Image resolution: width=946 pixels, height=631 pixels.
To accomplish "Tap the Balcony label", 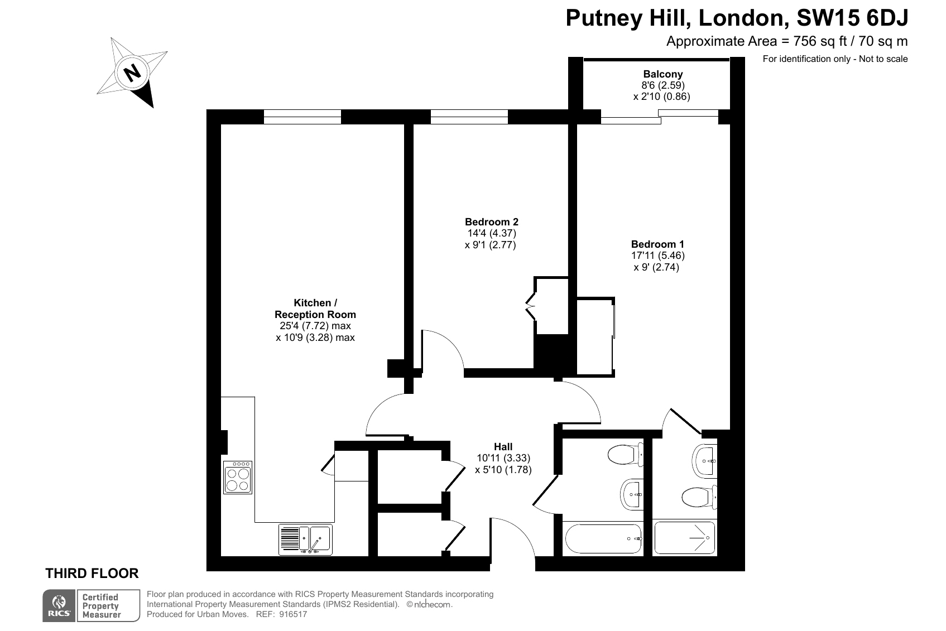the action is pyautogui.click(x=662, y=74).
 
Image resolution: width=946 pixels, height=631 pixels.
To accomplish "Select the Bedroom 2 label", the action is pyautogui.click(x=492, y=221).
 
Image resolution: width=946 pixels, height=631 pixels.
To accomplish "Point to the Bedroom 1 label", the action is pyautogui.click(x=657, y=244).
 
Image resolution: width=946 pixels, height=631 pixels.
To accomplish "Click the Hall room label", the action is pyautogui.click(x=503, y=446).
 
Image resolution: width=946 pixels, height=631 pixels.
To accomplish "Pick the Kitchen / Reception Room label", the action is pyautogui.click(x=315, y=309).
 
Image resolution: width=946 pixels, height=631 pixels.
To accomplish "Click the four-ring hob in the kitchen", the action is pyautogui.click(x=238, y=478).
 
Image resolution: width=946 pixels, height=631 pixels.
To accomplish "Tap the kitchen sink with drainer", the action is pyautogui.click(x=305, y=540).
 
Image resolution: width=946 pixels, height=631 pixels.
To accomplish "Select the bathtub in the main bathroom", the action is pyautogui.click(x=603, y=538).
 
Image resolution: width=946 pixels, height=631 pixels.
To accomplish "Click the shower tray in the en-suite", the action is pyautogui.click(x=684, y=538).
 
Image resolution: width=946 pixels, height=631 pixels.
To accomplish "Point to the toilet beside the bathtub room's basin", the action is pyautogui.click(x=625, y=455).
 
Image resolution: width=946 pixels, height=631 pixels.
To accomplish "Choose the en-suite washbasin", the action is pyautogui.click(x=704, y=461).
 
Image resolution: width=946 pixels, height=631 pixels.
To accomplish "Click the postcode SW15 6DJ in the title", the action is pyautogui.click(x=852, y=18).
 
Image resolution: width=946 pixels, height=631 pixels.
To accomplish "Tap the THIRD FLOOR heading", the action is pyautogui.click(x=92, y=573).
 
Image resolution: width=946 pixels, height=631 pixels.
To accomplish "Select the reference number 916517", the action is pyautogui.click(x=293, y=614).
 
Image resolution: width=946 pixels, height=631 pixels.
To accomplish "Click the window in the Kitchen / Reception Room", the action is pyautogui.click(x=302, y=117).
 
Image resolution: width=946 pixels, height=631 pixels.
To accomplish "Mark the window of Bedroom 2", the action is pyautogui.click(x=469, y=117).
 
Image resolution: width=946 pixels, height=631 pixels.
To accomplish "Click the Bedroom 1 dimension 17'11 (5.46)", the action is pyautogui.click(x=658, y=256).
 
